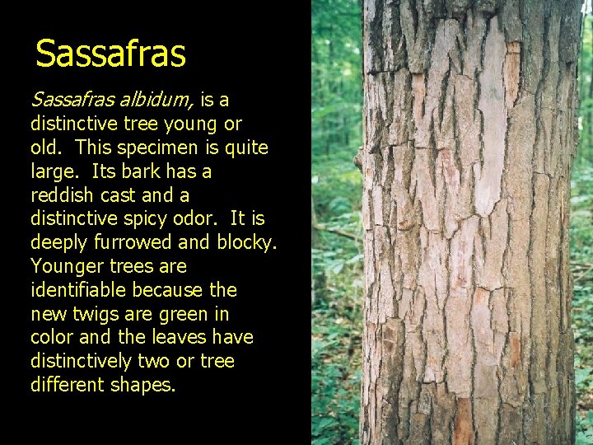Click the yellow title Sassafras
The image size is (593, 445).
click(x=111, y=54)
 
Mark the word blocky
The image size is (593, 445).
click(x=244, y=242)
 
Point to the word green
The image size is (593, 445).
click(x=189, y=314)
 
